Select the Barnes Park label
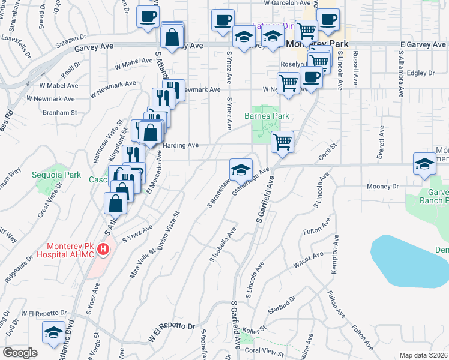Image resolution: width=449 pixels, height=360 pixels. (x=267, y=116)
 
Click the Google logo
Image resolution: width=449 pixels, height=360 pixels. (x=20, y=353)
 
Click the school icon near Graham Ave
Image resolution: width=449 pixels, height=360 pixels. (x=241, y=170)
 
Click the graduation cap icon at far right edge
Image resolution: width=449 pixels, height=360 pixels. (x=424, y=164)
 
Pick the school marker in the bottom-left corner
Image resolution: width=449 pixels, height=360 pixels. (x=53, y=333)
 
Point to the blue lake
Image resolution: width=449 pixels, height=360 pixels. (x=408, y=261)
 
